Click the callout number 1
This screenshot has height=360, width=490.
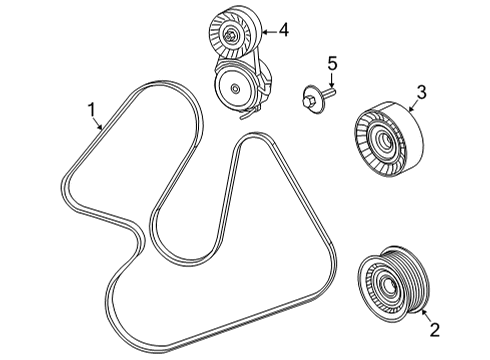91,108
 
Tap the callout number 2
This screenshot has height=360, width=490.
434,327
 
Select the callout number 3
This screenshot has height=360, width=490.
421,94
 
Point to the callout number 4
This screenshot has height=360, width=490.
283,30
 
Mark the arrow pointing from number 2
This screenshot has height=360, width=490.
425,314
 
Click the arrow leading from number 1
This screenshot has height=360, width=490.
99,124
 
